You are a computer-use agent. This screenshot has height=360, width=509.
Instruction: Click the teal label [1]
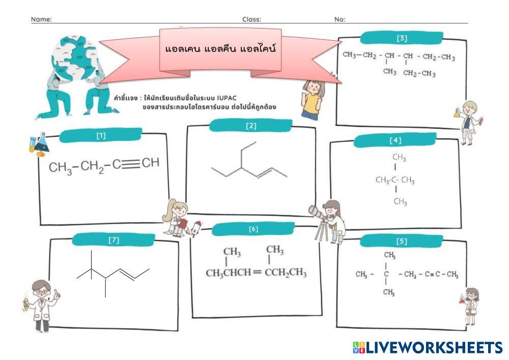(x=101, y=135)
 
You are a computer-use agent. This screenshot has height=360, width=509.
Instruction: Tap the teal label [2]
(x=251, y=126)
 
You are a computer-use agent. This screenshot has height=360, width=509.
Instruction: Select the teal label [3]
(x=402, y=38)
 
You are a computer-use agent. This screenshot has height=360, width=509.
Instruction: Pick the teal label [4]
(x=395, y=140)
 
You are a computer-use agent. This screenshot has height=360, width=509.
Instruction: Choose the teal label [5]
(x=402, y=241)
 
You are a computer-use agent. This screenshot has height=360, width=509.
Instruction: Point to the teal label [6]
(x=253, y=229)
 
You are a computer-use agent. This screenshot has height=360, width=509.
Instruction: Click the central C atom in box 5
(x=386, y=275)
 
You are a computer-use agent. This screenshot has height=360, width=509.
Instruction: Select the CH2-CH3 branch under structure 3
(x=419, y=73)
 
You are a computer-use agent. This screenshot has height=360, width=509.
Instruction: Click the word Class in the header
(x=251, y=19)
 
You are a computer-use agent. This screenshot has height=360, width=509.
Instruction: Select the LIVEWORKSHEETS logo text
(x=433, y=348)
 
